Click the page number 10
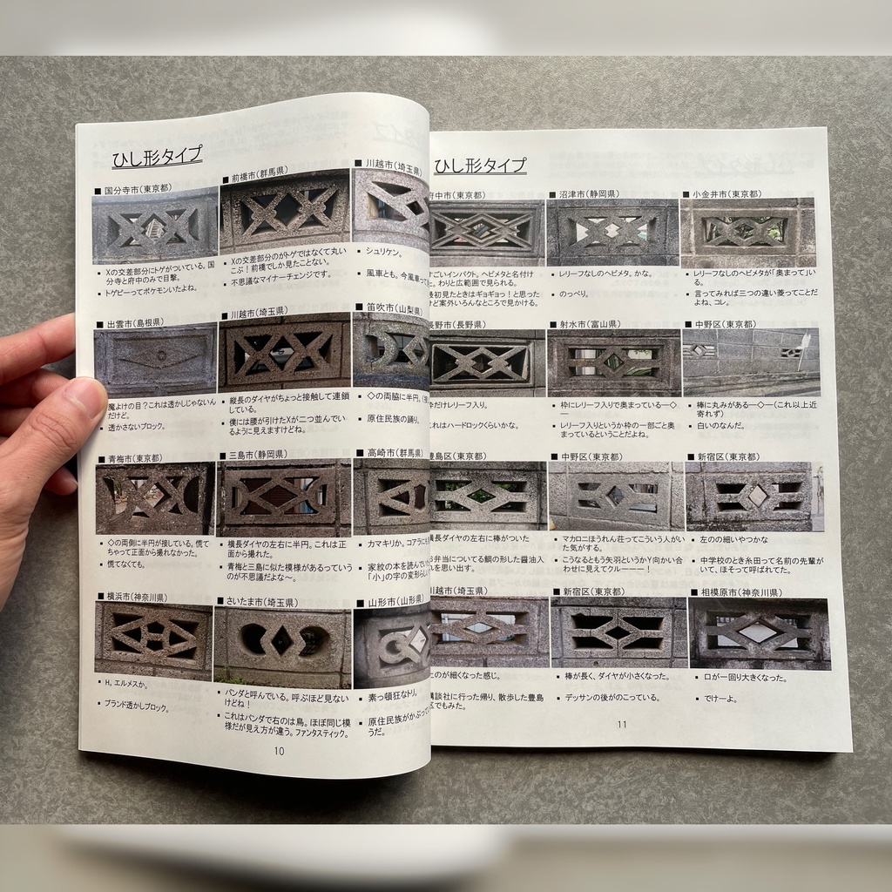click(x=279, y=750)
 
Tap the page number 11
click(x=621, y=724)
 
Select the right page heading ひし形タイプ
click(x=480, y=166)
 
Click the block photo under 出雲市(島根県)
click(x=156, y=360)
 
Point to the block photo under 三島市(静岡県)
click(x=283, y=497)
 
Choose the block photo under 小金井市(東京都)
click(x=747, y=233)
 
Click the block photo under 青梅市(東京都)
click(x=155, y=497)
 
